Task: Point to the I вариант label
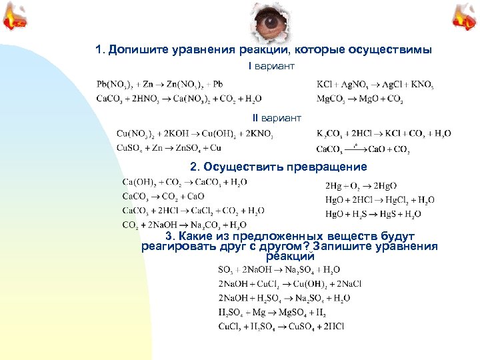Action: (271, 67)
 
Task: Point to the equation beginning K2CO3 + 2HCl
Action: (383, 134)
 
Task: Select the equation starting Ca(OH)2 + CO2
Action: (185, 182)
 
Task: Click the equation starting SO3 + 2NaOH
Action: (279, 270)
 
